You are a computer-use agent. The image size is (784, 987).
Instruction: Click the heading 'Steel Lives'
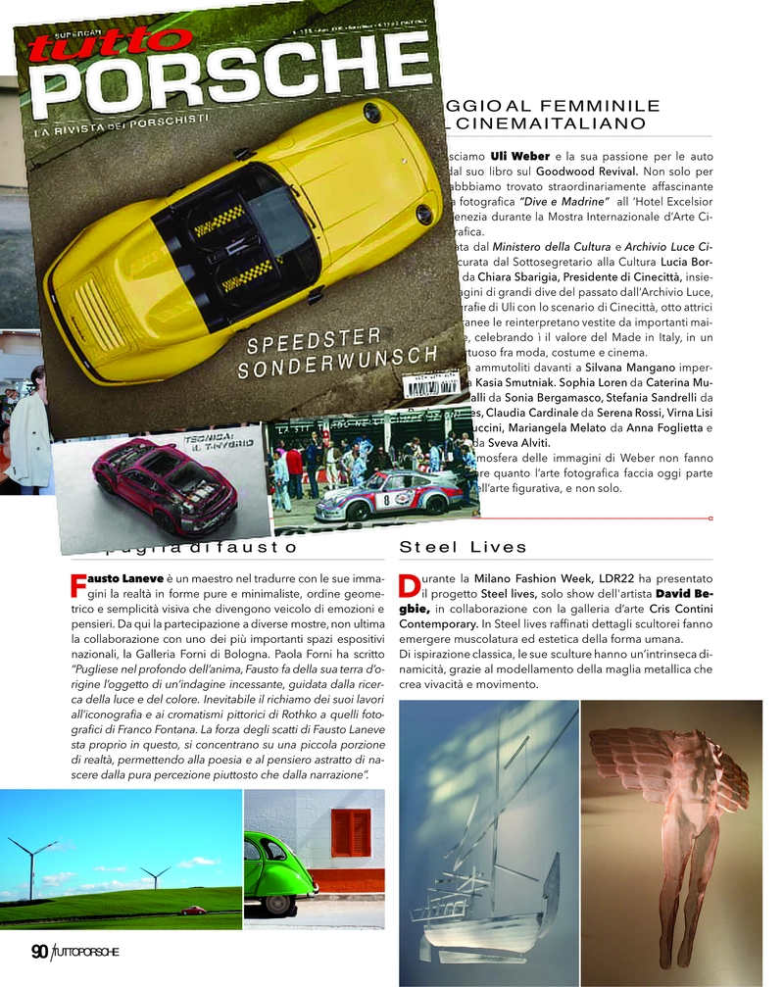(464, 547)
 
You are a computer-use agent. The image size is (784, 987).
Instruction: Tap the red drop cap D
(410, 585)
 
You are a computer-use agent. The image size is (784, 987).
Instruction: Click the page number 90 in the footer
(40, 952)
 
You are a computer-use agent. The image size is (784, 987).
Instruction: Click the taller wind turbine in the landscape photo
(30, 863)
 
